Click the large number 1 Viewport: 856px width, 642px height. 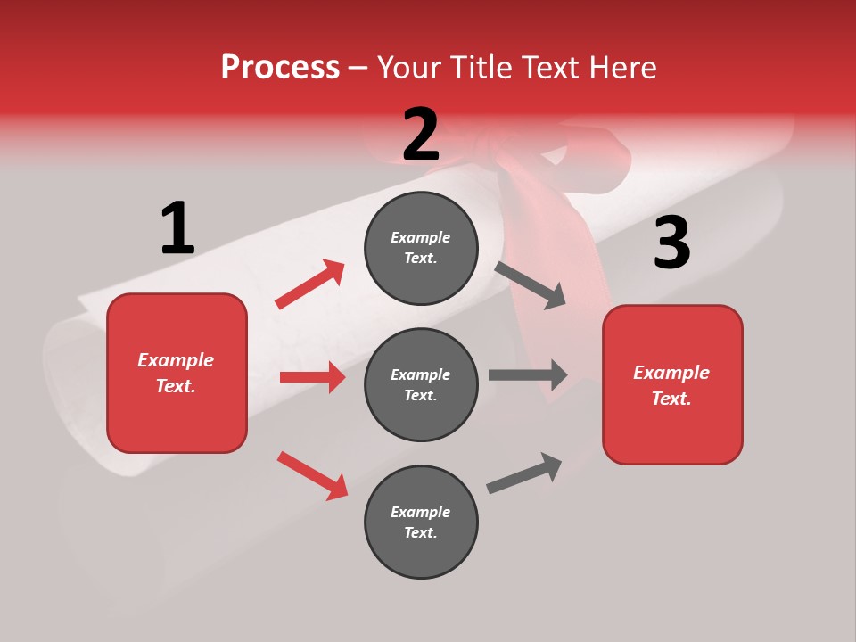click(x=177, y=228)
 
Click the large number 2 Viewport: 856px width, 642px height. click(x=421, y=134)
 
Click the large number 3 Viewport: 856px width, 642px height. click(x=671, y=243)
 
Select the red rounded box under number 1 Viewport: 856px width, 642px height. click(x=177, y=373)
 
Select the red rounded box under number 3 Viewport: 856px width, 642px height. click(x=672, y=384)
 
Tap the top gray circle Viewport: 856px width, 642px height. click(x=421, y=248)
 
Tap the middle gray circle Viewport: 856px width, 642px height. click(x=421, y=384)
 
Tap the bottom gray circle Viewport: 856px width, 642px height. click(x=421, y=522)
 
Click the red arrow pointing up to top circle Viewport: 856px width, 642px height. click(x=310, y=284)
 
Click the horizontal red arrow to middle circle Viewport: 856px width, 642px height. click(x=312, y=377)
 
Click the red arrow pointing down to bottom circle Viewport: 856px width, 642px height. click(x=312, y=475)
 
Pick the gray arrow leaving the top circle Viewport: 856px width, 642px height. click(x=531, y=285)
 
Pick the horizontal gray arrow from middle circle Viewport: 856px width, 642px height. click(x=527, y=374)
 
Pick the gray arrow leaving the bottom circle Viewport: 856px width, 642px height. click(x=524, y=473)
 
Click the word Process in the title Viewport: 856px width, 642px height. click(x=280, y=67)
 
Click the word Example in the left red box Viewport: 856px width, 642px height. click(x=176, y=360)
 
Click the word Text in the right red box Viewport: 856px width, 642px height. click(x=671, y=399)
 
